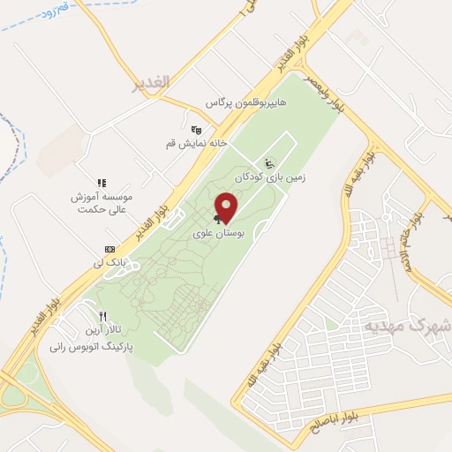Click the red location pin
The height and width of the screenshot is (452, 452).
tap(228, 207)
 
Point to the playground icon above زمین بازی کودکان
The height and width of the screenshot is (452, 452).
tap(269, 163)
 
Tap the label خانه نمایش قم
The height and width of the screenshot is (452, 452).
tap(197, 142)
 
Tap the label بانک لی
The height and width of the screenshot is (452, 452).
tap(110, 263)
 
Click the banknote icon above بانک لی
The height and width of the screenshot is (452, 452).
tap(109, 250)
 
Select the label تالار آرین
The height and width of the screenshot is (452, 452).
tap(105, 330)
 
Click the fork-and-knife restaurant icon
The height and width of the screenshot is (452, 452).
tap(103, 316)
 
